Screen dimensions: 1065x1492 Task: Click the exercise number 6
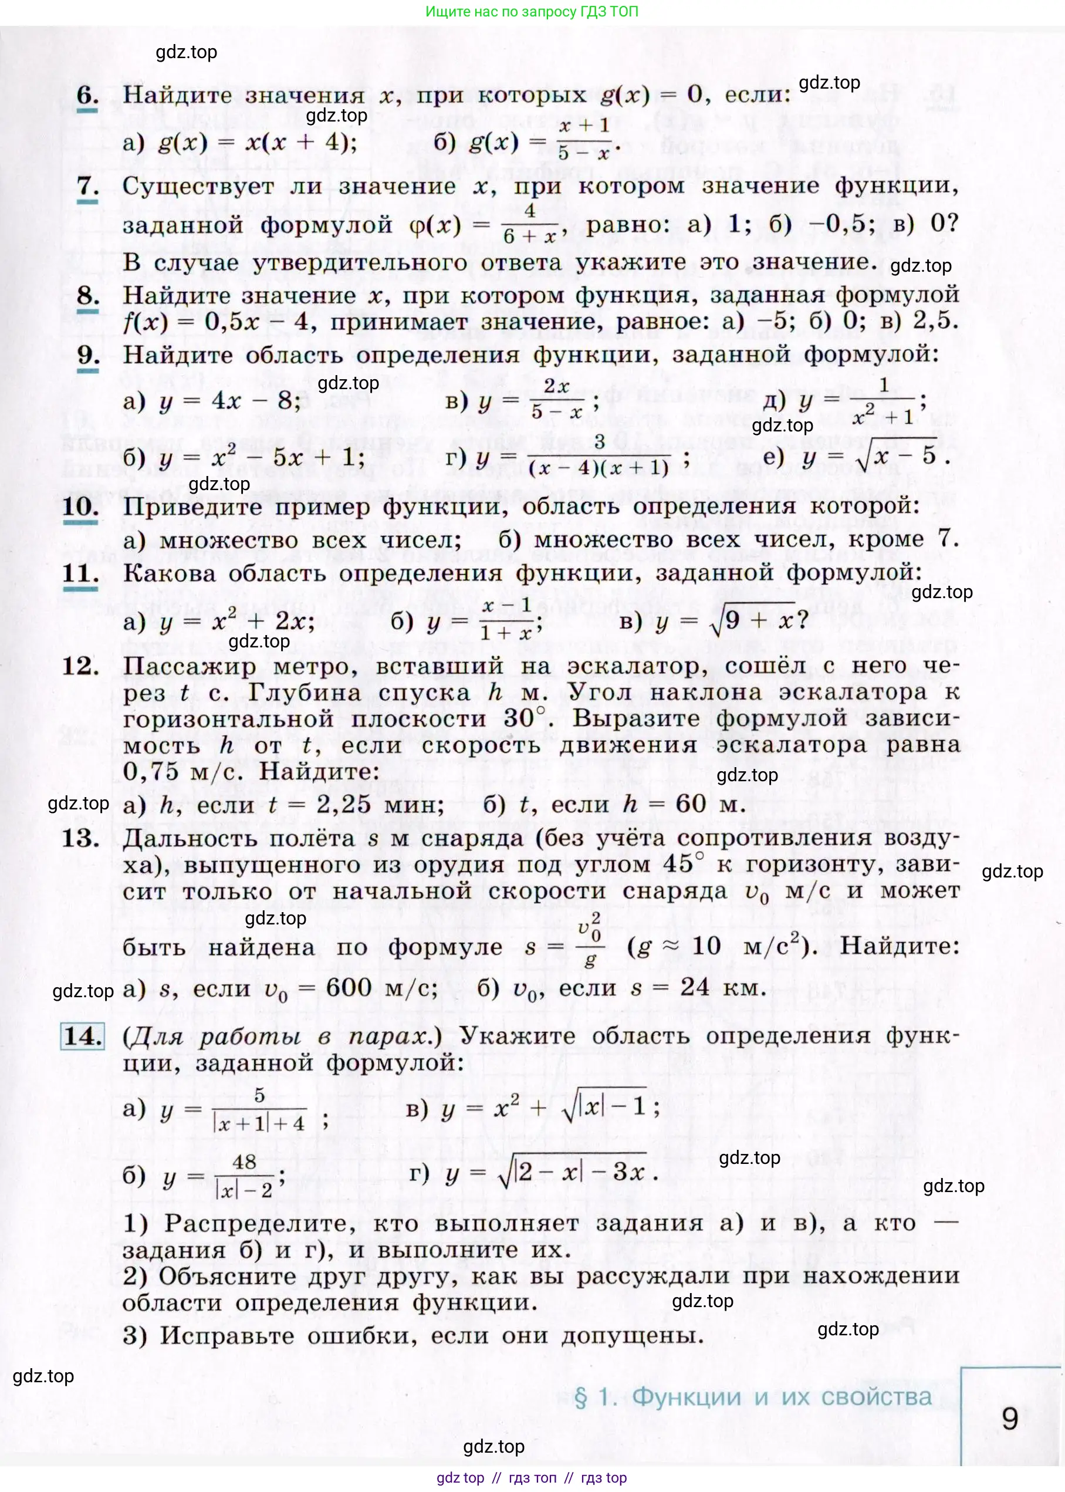point(87,95)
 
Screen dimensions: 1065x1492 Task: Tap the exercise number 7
point(87,186)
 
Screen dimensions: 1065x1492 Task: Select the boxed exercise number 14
point(83,1035)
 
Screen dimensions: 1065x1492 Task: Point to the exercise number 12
point(80,666)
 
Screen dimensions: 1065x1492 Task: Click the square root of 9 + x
point(752,620)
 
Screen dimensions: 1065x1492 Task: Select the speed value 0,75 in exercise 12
point(151,771)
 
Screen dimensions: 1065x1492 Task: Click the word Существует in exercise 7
point(198,186)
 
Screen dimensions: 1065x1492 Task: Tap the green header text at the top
point(531,11)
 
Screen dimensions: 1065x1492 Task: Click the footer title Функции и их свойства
point(780,1397)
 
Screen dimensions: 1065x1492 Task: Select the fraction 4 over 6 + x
point(530,224)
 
